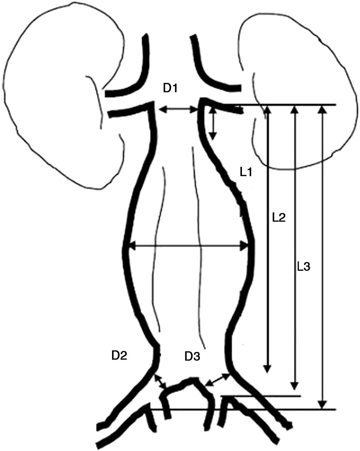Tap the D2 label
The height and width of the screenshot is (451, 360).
[x=119, y=356]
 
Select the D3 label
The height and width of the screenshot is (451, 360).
[x=192, y=357]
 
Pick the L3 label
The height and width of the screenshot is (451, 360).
[x=303, y=267]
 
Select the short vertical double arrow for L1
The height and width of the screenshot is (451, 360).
[x=213, y=123]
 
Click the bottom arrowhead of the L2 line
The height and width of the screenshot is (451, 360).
[x=267, y=369]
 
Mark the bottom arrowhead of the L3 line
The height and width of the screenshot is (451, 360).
[x=294, y=386]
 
